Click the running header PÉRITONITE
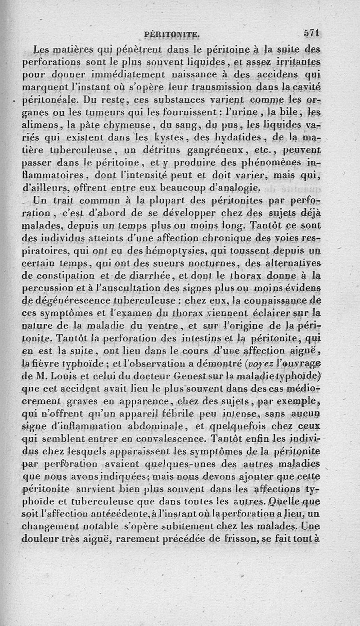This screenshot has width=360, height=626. (173, 34)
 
